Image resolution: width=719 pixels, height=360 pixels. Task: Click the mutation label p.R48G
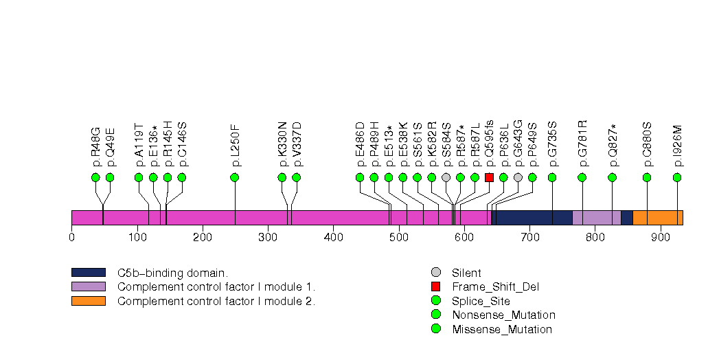pyautogui.click(x=96, y=146)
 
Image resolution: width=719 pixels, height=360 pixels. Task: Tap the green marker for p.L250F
pyautogui.click(x=235, y=177)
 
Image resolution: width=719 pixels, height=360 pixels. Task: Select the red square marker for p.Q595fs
pyautogui.click(x=489, y=177)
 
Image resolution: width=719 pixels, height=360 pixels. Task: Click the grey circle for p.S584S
pyautogui.click(x=446, y=177)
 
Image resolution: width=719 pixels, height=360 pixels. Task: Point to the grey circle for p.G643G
pyautogui.click(x=518, y=177)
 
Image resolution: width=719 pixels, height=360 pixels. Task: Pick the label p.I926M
pyautogui.click(x=678, y=146)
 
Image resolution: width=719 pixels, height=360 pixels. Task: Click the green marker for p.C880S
pyautogui.click(x=647, y=177)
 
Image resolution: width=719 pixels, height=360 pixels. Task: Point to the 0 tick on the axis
pyautogui.click(x=71, y=238)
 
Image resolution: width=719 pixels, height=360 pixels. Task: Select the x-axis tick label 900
pyautogui.click(x=661, y=238)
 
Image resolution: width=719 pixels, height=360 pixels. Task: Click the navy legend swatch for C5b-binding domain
pyautogui.click(x=88, y=273)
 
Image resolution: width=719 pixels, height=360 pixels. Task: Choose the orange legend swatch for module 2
pyautogui.click(x=88, y=301)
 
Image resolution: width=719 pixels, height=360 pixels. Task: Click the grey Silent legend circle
pyautogui.click(x=435, y=273)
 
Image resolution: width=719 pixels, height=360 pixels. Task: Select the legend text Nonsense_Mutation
pyautogui.click(x=503, y=315)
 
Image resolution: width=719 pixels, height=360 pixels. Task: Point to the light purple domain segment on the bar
pyautogui.click(x=597, y=218)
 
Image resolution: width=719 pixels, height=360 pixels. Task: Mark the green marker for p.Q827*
pyautogui.click(x=613, y=177)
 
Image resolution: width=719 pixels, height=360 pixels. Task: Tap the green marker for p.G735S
pyautogui.click(x=552, y=177)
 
